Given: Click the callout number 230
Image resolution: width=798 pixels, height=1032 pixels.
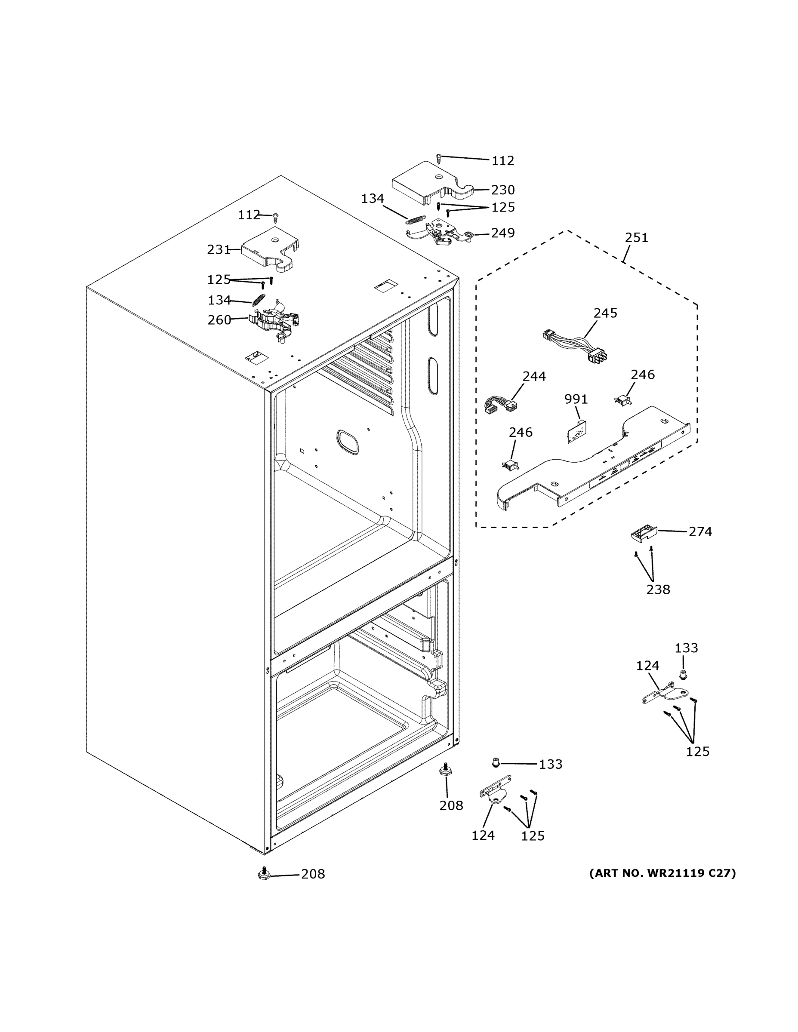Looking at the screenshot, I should [502, 190].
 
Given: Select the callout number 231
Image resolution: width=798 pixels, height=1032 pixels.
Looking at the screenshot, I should [219, 249].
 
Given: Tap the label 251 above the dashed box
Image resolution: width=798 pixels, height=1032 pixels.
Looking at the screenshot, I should [636, 238].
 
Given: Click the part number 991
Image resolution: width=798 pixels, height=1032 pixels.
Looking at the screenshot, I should [576, 399].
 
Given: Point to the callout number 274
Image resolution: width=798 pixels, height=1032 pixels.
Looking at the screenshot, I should [699, 532].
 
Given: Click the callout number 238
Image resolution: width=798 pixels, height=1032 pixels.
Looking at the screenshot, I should [658, 590].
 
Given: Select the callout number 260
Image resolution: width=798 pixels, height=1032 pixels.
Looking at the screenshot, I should [219, 320].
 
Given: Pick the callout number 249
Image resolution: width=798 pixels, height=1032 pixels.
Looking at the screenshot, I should [502, 233].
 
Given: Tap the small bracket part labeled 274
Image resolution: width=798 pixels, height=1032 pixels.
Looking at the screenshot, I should [644, 534].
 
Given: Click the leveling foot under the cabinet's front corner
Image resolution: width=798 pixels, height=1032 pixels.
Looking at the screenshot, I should [264, 874].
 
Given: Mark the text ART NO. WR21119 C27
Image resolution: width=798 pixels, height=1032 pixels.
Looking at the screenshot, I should [662, 873].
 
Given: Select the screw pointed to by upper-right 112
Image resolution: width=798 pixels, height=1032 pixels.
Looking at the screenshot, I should [439, 158].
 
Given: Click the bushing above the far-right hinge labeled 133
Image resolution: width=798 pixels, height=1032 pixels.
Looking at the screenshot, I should [682, 675].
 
